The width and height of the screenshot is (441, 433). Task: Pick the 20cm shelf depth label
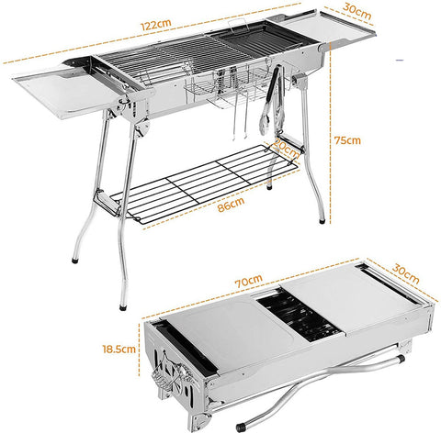284,146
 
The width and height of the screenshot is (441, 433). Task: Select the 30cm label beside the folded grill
407,271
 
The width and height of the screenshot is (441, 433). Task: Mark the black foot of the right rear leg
320,221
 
